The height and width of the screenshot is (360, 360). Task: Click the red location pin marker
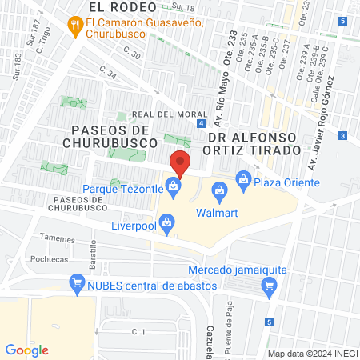[x=180, y=163]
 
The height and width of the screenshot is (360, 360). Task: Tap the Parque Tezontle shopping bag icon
[x=174, y=189]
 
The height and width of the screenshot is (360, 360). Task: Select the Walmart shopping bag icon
[x=218, y=190]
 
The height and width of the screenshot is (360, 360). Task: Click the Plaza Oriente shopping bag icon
[x=243, y=178]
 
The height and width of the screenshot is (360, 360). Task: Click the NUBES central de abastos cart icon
[x=78, y=282]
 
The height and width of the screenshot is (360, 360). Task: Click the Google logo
[x=27, y=349]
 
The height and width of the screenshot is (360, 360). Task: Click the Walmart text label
[x=218, y=213]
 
